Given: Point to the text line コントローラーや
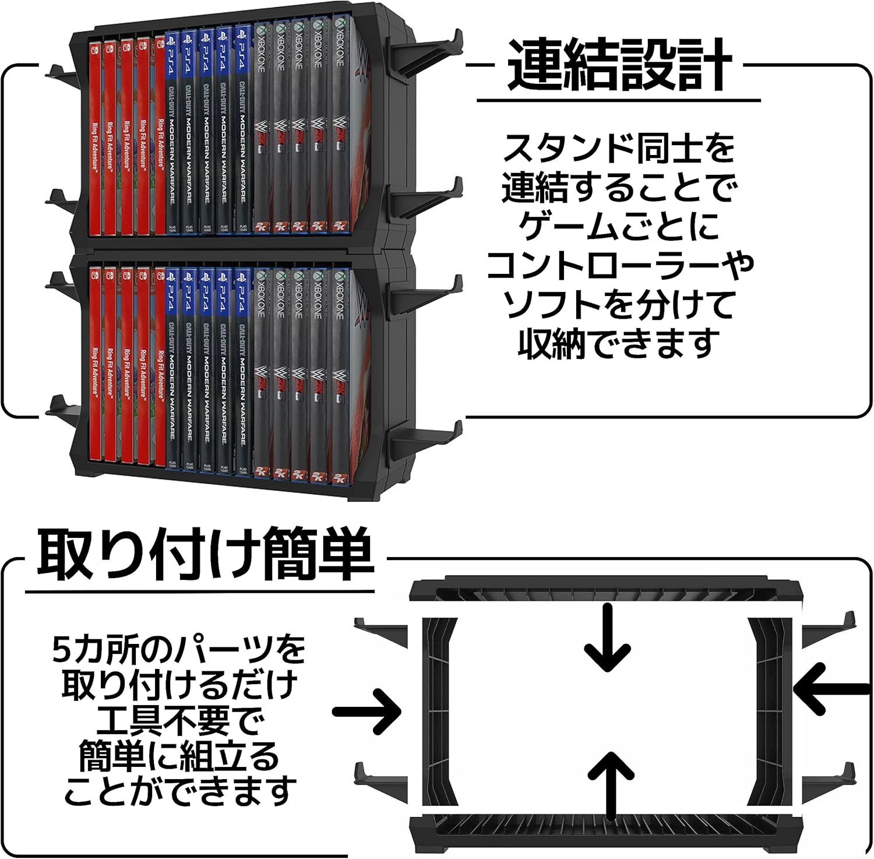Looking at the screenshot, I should click(x=619, y=265).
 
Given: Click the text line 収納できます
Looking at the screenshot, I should click(x=619, y=343).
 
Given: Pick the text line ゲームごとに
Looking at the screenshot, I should click(x=619, y=226).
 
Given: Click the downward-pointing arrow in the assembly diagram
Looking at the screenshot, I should click(x=608, y=638).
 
